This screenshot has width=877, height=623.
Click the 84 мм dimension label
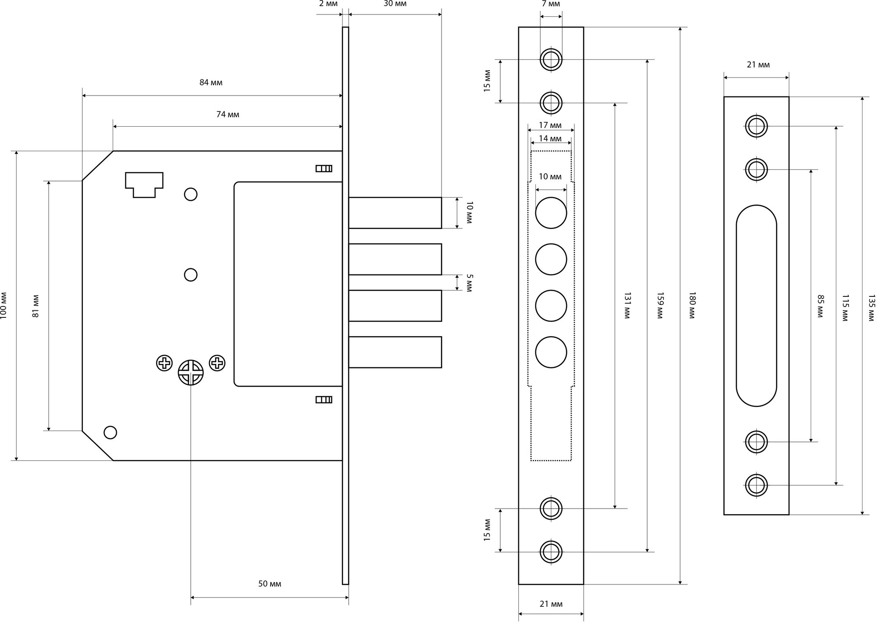tap(211, 82)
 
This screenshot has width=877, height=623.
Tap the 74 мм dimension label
tap(228, 114)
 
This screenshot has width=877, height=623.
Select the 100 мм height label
tap(4, 305)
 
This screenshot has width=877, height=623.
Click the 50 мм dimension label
tap(269, 584)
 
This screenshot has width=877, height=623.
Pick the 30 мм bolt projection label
tap(395, 4)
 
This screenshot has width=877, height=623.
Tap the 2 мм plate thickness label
tap(328, 4)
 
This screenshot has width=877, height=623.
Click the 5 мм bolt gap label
tap(469, 283)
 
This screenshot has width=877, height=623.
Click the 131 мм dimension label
tap(627, 305)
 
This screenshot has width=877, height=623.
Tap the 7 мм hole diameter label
tap(551, 4)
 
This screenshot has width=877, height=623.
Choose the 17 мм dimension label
tap(550, 125)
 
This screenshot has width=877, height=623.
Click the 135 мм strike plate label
tap(871, 308)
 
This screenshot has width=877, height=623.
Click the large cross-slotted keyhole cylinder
tap(191, 373)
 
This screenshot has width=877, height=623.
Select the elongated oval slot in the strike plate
tap(756, 306)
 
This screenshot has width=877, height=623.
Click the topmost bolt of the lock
tap(395, 213)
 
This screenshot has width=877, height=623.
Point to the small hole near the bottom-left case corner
tap(110, 432)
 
